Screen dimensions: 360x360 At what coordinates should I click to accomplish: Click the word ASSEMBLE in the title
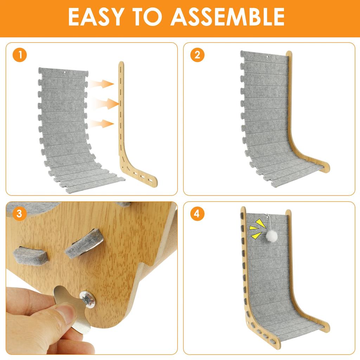227,17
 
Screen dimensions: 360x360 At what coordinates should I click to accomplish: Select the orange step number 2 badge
197,55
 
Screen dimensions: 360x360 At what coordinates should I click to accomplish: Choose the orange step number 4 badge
197,214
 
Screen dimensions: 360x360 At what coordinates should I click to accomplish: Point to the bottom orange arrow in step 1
103,123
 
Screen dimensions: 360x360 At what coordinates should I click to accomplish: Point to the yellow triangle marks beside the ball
256,229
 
